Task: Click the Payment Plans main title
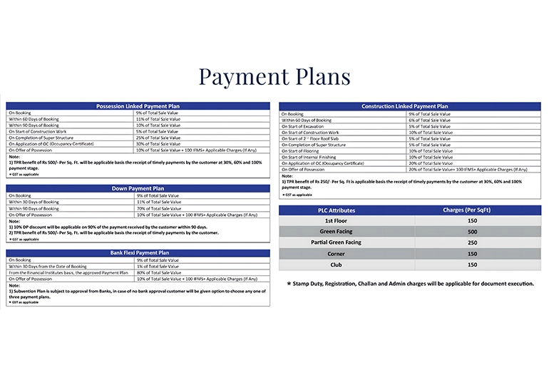click(x=274, y=76)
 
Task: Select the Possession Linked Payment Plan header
click(x=138, y=106)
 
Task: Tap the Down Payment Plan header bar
click(x=138, y=188)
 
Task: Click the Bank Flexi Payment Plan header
click(x=138, y=253)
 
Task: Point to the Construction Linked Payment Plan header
click(x=410, y=106)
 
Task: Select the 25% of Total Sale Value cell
click(x=158, y=138)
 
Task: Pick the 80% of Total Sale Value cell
click(x=158, y=272)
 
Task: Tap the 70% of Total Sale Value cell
click(x=158, y=208)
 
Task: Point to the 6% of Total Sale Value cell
click(x=429, y=120)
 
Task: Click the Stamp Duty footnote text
click(x=410, y=284)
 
